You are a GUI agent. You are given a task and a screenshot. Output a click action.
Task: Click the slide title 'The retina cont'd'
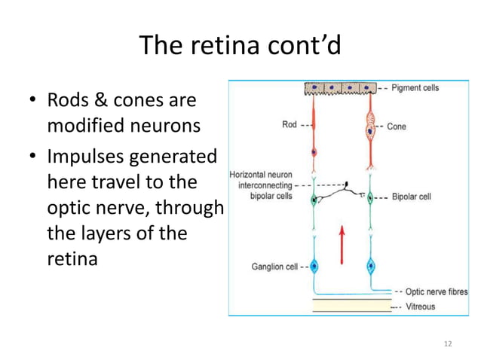(240, 46)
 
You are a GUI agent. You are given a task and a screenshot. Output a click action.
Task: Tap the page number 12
(449, 344)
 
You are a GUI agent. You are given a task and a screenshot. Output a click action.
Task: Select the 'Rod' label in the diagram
(289, 125)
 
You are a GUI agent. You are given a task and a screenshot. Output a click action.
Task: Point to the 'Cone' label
(396, 127)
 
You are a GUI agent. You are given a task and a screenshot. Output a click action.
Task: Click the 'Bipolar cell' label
(411, 198)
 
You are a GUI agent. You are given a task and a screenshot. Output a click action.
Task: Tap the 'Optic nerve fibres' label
(436, 291)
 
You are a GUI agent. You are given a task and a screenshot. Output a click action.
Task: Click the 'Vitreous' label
(419, 307)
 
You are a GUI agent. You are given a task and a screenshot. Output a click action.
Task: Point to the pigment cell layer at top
(339, 89)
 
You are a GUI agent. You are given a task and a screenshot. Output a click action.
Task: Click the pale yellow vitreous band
(348, 305)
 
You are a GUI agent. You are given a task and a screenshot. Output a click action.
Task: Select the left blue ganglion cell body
(316, 267)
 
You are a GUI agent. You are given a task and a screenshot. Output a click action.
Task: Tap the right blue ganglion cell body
(370, 267)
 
